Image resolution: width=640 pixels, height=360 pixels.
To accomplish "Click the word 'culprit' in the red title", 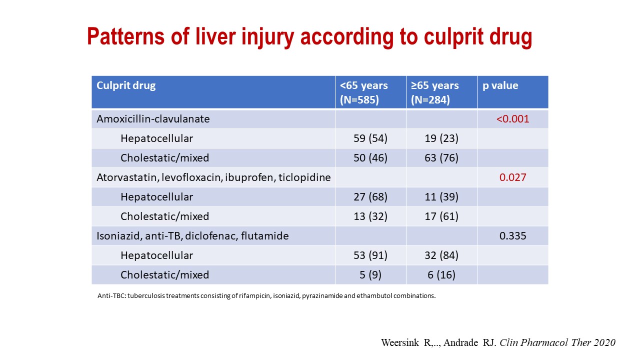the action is click(x=453, y=37).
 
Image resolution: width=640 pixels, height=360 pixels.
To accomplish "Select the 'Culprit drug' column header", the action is click(x=126, y=85).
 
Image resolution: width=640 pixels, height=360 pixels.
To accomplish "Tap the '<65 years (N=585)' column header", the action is click(x=363, y=92).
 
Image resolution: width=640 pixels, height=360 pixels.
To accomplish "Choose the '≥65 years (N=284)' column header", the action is click(x=435, y=92).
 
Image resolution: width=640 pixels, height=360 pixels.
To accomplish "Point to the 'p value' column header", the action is click(x=500, y=85).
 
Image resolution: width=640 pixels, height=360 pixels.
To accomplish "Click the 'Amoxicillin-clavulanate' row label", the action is click(x=153, y=119).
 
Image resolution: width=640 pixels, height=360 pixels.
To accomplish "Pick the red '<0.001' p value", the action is click(x=512, y=119).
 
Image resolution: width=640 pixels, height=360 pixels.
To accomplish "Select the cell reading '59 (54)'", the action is click(x=370, y=138).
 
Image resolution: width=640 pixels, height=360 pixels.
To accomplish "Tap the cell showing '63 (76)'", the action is click(x=441, y=157).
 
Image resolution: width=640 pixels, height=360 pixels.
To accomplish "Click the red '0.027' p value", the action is click(x=512, y=177).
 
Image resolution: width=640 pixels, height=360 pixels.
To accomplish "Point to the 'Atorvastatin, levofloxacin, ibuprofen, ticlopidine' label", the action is click(x=213, y=177).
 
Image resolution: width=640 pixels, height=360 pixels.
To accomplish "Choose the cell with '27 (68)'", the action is click(x=370, y=197).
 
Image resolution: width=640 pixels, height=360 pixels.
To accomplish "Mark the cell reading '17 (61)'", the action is click(x=441, y=216).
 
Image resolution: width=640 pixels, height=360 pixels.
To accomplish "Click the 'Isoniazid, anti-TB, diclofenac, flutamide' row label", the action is click(x=192, y=236).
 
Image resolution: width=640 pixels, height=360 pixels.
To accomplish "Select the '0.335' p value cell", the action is click(x=512, y=236).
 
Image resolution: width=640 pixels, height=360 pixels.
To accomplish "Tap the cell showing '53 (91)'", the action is click(x=370, y=255).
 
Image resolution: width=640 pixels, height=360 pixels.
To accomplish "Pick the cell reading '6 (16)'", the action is click(x=441, y=275).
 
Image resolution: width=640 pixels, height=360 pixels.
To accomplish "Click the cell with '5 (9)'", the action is click(x=370, y=275).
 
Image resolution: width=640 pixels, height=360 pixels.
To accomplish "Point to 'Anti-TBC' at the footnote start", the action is click(x=111, y=295).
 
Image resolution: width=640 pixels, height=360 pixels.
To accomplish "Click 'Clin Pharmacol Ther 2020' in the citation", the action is click(x=557, y=342).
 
